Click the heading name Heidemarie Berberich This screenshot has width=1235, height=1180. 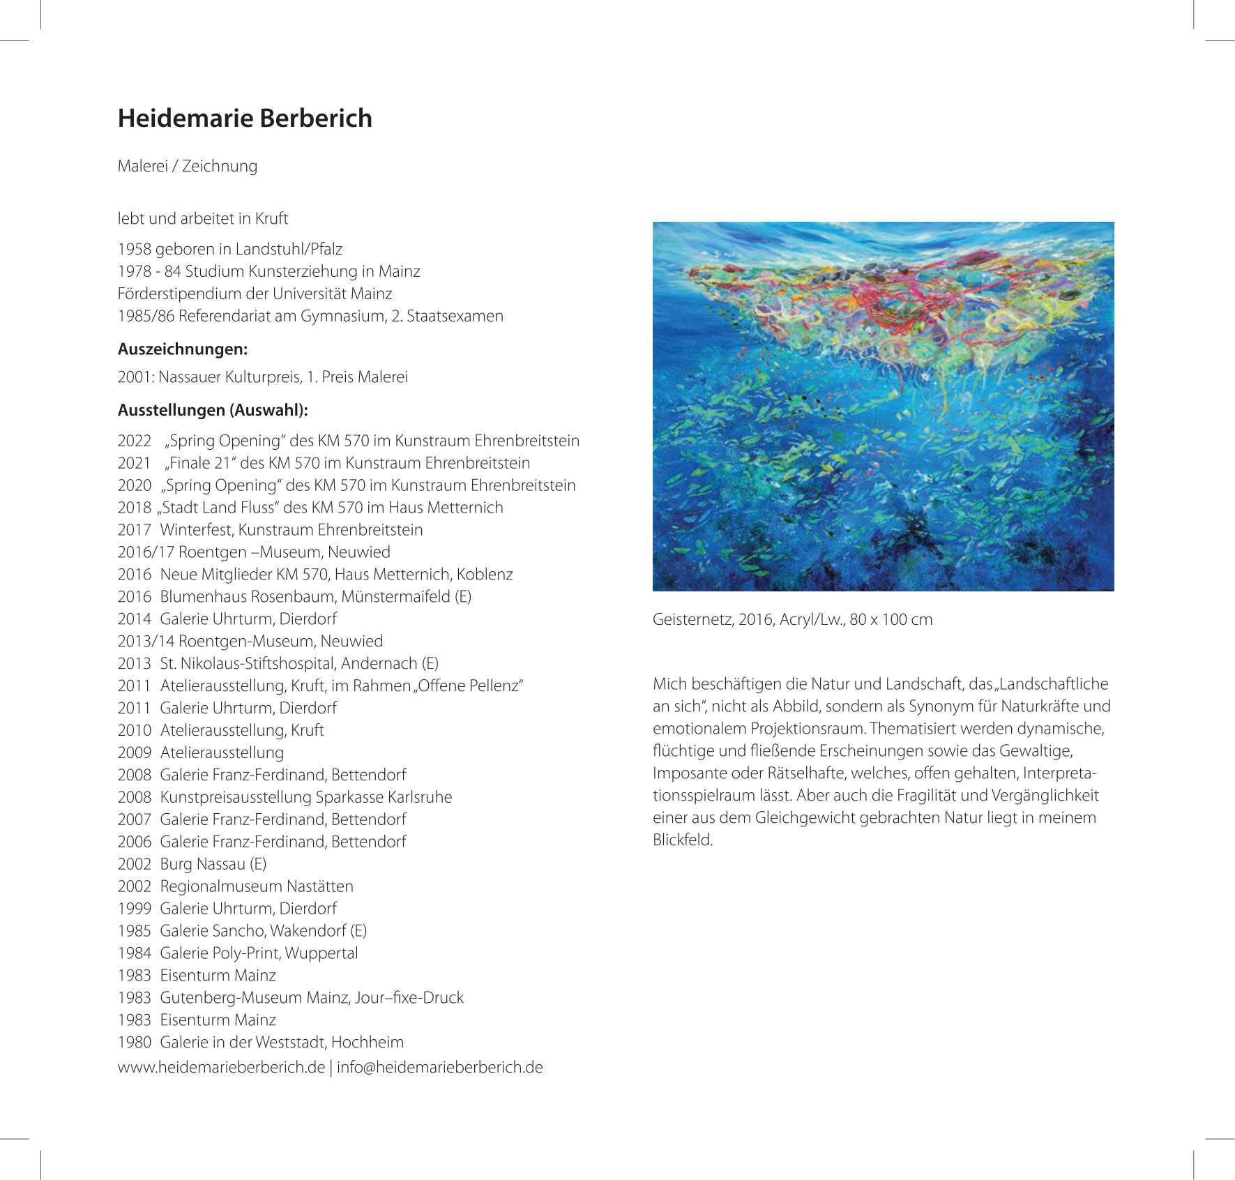tap(245, 119)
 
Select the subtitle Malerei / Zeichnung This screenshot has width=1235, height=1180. tap(188, 166)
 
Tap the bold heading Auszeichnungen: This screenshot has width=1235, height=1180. tap(183, 349)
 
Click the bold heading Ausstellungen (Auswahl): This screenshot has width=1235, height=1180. tap(213, 410)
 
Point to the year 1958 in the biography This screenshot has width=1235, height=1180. tap(134, 249)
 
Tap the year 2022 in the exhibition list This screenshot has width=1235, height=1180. tap(135, 441)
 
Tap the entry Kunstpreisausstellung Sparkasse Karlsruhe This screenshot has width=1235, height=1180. tap(306, 797)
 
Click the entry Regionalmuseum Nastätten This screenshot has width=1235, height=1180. tap(257, 886)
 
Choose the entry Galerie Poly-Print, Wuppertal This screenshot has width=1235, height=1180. tap(259, 953)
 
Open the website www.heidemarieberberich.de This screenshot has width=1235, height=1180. tap(221, 1067)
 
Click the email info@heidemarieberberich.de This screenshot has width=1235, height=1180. tap(439, 1067)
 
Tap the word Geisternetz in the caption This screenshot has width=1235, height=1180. tap(690, 619)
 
